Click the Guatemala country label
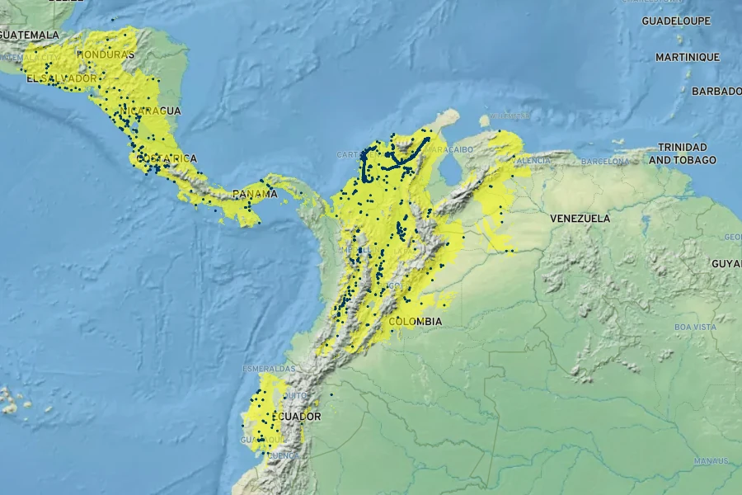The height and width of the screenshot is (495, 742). pos(30,35)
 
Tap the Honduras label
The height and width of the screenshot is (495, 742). pos(105,54)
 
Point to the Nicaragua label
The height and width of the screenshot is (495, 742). pos(150,111)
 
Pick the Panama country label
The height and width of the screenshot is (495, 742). pos(255,194)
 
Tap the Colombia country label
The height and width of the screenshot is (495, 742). pos(416,321)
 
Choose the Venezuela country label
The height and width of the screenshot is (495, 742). pos(580,219)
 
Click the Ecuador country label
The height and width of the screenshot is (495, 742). pos(294,417)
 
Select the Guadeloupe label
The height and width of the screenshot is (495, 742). pos(676,21)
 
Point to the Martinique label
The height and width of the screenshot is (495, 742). pos(688,57)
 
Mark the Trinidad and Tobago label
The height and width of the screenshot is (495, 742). pos(683,153)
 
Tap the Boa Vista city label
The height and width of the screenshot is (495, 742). pos(694,328)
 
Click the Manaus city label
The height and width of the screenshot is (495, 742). pos(710,460)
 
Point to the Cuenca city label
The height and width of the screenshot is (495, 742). pos(283,455)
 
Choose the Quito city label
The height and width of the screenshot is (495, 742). pos(295,395)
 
